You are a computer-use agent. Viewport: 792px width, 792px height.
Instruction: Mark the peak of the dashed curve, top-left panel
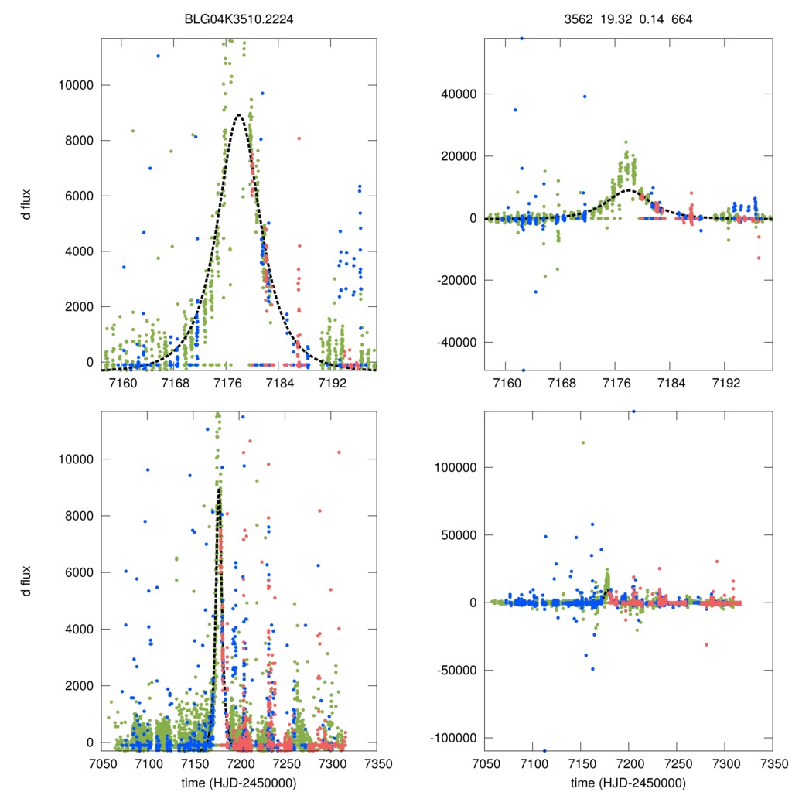[x=239, y=115]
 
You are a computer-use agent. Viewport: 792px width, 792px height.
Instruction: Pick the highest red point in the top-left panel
[x=299, y=138]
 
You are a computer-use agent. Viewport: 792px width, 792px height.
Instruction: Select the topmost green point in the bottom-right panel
[x=582, y=442]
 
